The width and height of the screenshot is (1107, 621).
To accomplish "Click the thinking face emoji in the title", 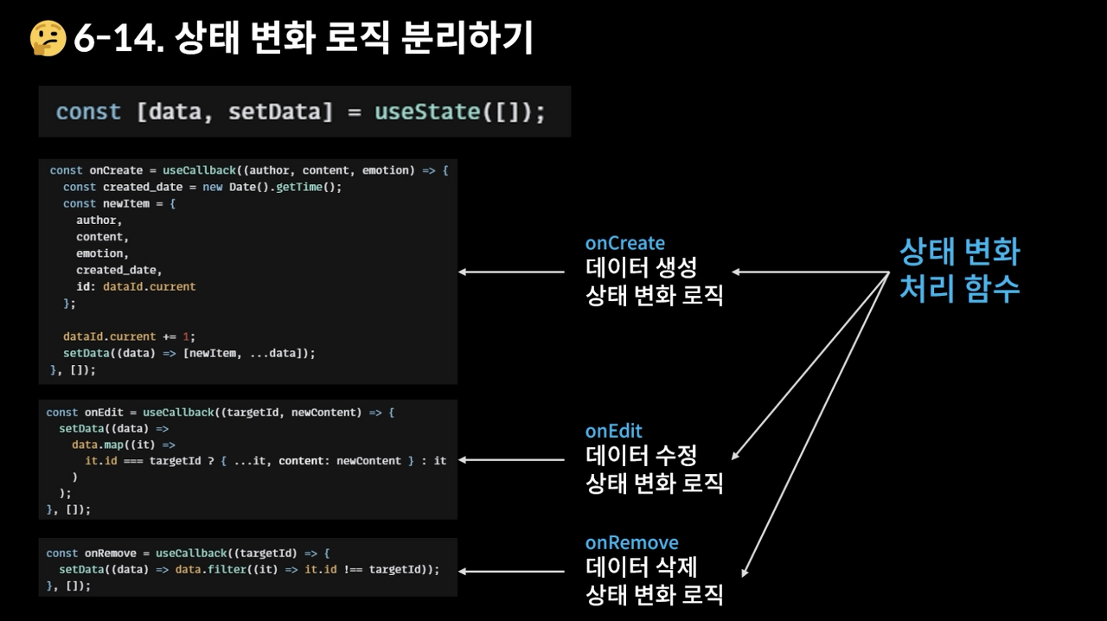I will [x=48, y=38].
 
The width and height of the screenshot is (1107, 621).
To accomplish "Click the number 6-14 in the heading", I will [x=117, y=38].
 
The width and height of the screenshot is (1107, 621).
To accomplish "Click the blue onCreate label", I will [x=625, y=243].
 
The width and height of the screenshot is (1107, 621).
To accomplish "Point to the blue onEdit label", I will [x=614, y=431].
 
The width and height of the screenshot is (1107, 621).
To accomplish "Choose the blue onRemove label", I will [x=631, y=542].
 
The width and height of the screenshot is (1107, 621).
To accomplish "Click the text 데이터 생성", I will [x=641, y=267].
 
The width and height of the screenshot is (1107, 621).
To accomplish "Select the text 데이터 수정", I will [x=641, y=455].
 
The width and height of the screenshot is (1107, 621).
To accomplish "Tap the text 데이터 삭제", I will [x=641, y=567].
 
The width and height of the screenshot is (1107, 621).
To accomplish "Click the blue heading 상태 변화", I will [x=959, y=252].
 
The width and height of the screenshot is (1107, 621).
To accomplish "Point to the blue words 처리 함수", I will [x=959, y=288].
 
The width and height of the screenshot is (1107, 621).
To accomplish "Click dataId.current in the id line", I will [x=149, y=286].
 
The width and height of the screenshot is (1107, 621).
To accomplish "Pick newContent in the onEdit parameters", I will [x=326, y=413].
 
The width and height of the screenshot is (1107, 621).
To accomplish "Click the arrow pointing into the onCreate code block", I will [x=510, y=272].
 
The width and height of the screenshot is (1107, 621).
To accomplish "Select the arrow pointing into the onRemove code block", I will [x=510, y=571].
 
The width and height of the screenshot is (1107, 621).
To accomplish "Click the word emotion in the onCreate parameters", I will [x=388, y=170].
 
